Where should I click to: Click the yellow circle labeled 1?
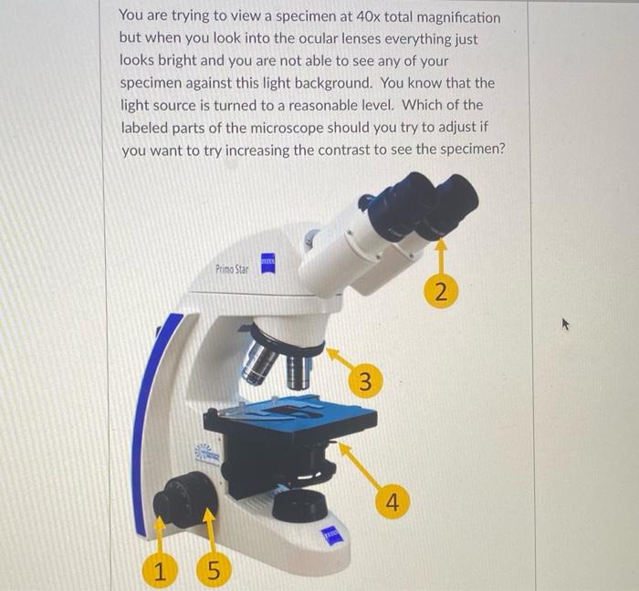[160, 572]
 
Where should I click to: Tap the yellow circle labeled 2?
[441, 293]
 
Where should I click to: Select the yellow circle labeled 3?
[364, 382]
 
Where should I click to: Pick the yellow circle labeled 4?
[392, 501]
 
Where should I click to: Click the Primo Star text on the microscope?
[232, 269]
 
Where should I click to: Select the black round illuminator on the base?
[299, 504]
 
